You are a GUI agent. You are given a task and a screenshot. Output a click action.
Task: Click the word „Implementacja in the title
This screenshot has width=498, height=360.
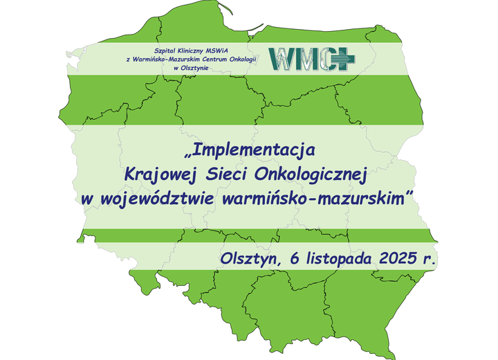point(250,150)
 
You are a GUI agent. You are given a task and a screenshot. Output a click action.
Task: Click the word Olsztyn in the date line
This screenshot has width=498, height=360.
point(248,259)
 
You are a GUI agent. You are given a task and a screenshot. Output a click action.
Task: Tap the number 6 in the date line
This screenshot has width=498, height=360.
point(291,259)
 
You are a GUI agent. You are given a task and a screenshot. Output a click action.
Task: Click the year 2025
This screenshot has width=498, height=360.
point(398,259)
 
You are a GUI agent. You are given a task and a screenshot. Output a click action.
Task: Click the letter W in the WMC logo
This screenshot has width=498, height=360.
point(282,59)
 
